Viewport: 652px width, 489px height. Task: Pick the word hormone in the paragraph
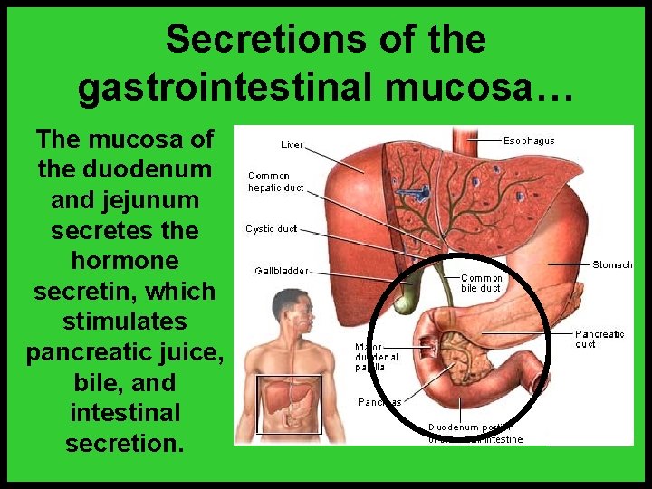[x=125, y=261]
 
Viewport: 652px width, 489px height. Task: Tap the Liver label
[x=292, y=144]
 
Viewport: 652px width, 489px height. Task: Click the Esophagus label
[x=529, y=140]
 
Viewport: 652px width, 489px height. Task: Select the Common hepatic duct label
[x=275, y=182]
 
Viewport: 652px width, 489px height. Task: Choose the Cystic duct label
[x=271, y=229]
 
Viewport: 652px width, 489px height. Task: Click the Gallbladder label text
[x=281, y=270]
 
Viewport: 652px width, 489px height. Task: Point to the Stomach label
[x=612, y=264]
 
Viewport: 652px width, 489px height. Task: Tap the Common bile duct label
[x=481, y=283]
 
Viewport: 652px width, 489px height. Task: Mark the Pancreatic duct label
[x=599, y=339]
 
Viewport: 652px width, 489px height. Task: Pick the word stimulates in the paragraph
[x=125, y=321]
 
